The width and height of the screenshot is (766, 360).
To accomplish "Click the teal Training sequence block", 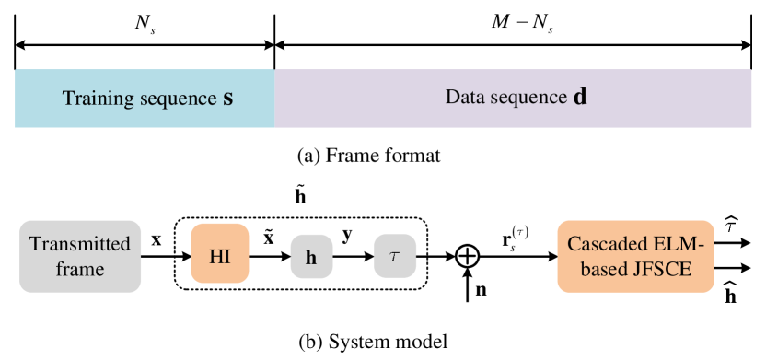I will tap(145, 98).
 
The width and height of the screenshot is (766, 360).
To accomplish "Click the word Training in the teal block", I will tap(95, 99).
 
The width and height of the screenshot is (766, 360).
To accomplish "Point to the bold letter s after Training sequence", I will tap(227, 99).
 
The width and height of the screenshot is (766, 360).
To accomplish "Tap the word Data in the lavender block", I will tap(464, 97).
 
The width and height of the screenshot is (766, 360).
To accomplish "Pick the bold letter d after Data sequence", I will tap(580, 97).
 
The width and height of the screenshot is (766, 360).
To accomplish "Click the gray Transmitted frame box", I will tap(80, 256).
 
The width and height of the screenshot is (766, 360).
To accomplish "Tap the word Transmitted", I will tap(80, 245).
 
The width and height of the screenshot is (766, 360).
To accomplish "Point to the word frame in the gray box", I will tap(80, 270).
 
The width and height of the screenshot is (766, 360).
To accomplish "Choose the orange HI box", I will tap(219, 256).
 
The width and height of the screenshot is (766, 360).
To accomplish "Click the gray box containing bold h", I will tap(311, 257).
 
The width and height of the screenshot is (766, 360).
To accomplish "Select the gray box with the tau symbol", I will tap(395, 256).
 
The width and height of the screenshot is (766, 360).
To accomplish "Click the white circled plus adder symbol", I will tap(468, 256).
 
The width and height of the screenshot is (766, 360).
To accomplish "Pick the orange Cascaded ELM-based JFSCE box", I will tap(635, 256).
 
